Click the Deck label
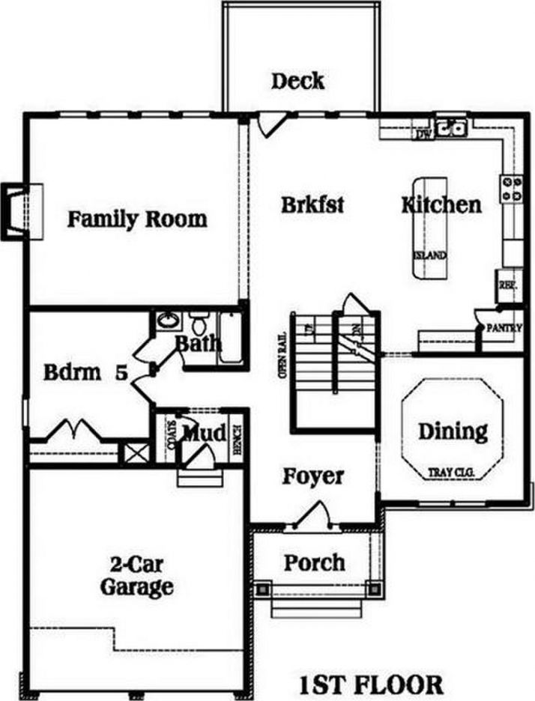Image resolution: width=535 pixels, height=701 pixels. coord(297,81)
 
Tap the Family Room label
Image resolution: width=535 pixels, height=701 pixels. coord(137,219)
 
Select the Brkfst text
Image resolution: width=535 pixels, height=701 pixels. coord(312,204)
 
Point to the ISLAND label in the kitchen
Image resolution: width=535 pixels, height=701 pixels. coord(430,255)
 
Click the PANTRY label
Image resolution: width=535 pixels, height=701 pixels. coord(504,328)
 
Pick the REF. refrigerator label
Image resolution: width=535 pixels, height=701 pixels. coord(508,285)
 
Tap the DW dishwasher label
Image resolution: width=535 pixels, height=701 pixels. coord(424,135)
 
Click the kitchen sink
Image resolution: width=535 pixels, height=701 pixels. coord(452,129)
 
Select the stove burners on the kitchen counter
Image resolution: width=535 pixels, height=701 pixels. coord(513,188)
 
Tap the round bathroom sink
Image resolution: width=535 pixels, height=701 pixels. coord(168,323)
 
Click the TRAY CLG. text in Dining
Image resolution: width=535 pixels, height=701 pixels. coord(453,473)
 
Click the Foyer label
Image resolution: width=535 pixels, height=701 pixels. coord(313,476)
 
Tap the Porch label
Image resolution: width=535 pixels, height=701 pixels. coord(315,562)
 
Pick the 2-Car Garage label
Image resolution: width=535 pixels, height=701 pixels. coord(137,575)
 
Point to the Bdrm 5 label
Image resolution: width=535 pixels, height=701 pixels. coord(84,372)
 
